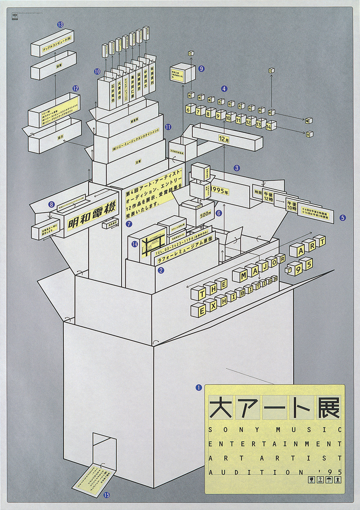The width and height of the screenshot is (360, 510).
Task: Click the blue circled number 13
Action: coord(61,25)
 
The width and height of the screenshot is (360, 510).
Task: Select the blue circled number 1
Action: coord(198,388)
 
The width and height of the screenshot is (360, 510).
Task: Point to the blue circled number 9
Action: coord(202,69)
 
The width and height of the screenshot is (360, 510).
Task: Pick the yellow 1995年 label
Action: coord(221,191)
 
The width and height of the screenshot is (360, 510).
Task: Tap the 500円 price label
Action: coord(205,214)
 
